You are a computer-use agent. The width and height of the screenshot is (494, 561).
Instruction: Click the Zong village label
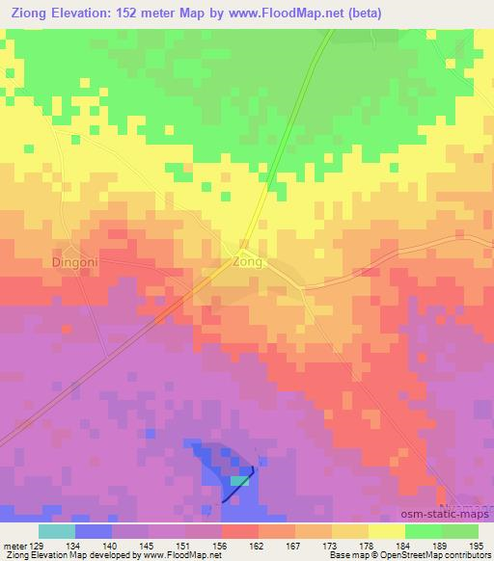click(x=248, y=261)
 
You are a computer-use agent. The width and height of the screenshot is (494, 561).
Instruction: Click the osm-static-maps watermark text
click(x=449, y=518)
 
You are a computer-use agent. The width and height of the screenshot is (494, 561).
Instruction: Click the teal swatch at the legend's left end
click(x=56, y=531)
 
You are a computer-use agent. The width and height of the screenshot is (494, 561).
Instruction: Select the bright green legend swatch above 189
click(x=423, y=531)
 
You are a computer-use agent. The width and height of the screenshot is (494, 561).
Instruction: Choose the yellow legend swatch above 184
click(x=386, y=531)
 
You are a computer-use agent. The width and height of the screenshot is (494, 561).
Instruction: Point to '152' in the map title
click(x=134, y=13)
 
